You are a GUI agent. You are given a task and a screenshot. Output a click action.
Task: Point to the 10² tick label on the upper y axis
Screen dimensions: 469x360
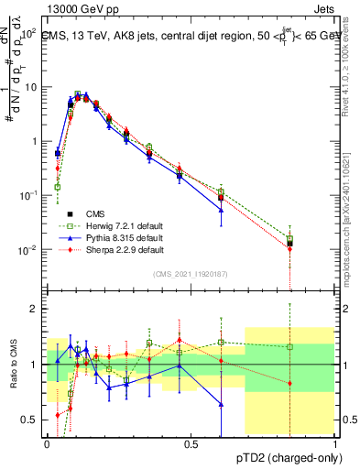pos(27,32)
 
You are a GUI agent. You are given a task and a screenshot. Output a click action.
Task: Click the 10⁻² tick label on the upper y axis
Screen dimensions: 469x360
pos(27,250)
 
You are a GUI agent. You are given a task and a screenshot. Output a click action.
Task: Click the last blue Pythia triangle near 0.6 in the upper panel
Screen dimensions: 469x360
pos(221,210)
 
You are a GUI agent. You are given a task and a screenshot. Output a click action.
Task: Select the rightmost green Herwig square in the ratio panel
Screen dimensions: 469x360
pos(290,347)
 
